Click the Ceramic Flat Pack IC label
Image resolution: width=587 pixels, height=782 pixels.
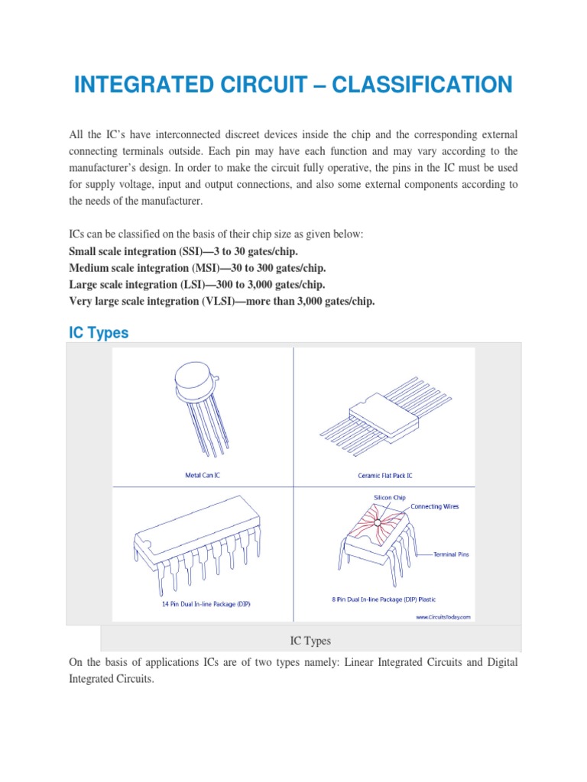(x=385, y=475)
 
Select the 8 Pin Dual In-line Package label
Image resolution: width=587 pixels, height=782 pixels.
(x=384, y=599)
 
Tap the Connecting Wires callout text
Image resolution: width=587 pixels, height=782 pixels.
(x=435, y=506)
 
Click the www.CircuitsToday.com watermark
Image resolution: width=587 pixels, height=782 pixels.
(x=443, y=616)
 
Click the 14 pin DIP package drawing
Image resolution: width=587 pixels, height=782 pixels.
(x=192, y=542)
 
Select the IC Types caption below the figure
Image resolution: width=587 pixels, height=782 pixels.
(x=310, y=640)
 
